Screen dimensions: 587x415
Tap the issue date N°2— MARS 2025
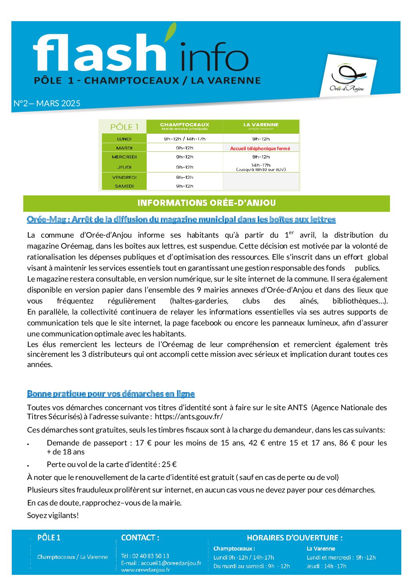[x=47, y=104]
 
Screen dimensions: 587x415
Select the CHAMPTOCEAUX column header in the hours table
[x=184, y=126]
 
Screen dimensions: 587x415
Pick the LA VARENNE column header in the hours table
[x=261, y=126]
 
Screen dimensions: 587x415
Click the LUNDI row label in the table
[x=124, y=139]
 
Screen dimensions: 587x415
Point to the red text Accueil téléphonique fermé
[x=260, y=148]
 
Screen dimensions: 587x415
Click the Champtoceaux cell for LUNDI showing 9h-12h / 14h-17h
[x=184, y=139]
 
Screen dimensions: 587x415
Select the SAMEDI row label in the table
[x=124, y=186]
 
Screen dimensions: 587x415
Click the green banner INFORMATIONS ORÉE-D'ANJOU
[x=206, y=203]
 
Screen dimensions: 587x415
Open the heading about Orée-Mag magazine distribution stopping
[x=181, y=220]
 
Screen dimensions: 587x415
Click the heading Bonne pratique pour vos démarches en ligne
[x=111, y=394]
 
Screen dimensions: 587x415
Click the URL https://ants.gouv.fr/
[x=189, y=416]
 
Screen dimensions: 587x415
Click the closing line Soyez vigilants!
[x=53, y=515]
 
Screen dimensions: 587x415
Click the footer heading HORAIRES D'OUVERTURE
[x=295, y=538]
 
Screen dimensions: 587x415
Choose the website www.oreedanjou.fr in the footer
[x=146, y=570]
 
